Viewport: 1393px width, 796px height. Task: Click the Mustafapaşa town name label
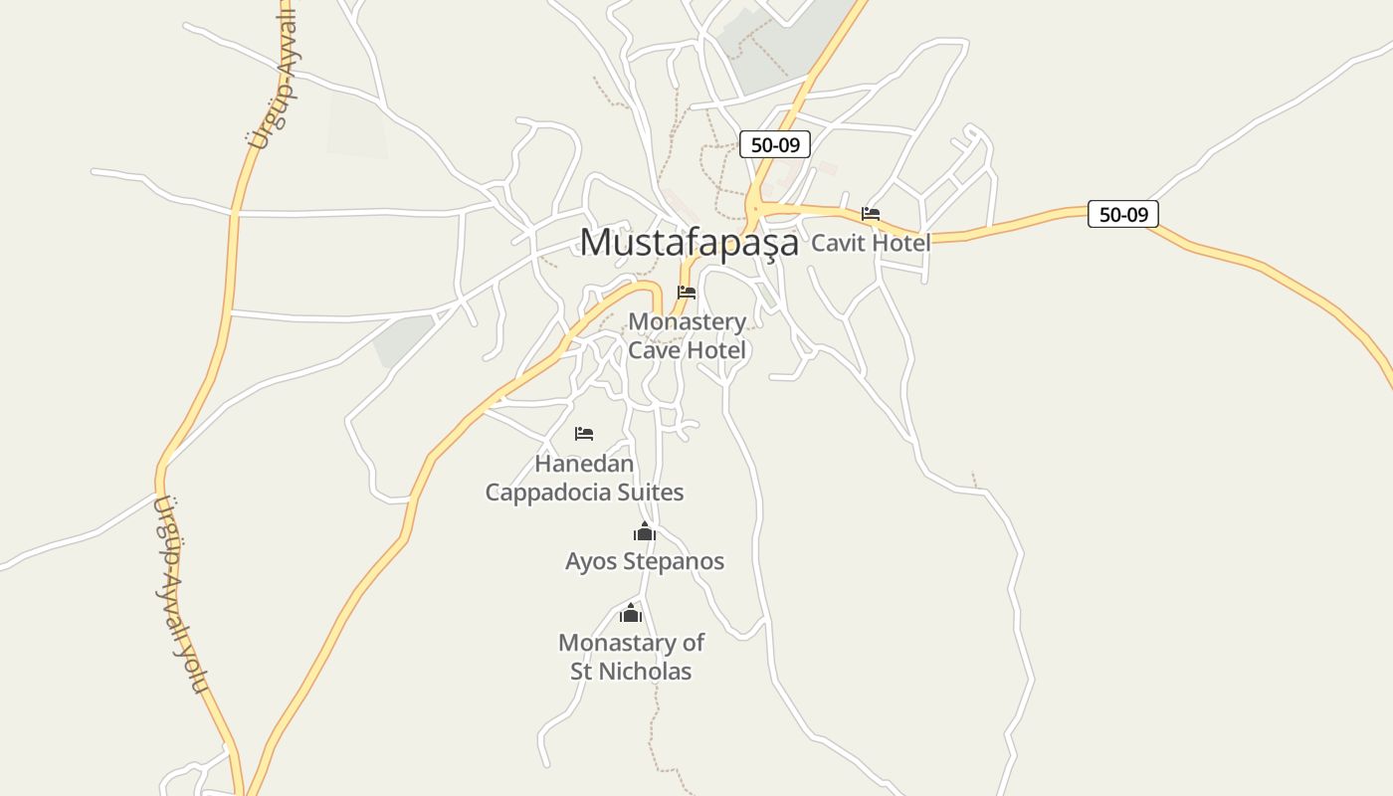[x=689, y=242]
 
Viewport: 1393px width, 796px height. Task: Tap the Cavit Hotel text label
[x=871, y=243]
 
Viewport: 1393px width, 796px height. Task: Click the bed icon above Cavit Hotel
[x=871, y=213]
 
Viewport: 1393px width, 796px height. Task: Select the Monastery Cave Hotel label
[x=687, y=336]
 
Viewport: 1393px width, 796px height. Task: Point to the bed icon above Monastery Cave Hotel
[x=687, y=293]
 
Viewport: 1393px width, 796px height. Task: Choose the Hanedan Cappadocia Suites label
[x=584, y=478]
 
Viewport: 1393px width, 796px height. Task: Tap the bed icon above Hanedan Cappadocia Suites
[x=584, y=434]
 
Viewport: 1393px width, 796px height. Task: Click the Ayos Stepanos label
[x=645, y=561]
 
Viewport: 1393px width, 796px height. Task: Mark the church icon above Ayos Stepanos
[x=645, y=532]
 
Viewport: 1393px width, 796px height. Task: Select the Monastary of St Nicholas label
[x=631, y=657]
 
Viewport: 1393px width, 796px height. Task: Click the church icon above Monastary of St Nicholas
[x=631, y=613]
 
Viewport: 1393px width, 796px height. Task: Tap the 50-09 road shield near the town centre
[x=775, y=144]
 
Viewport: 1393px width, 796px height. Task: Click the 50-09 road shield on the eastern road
[x=1123, y=214]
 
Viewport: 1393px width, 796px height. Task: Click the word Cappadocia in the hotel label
[x=584, y=493]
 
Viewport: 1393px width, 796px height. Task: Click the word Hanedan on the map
[x=584, y=464]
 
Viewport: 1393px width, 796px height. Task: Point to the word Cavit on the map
[x=838, y=243]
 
